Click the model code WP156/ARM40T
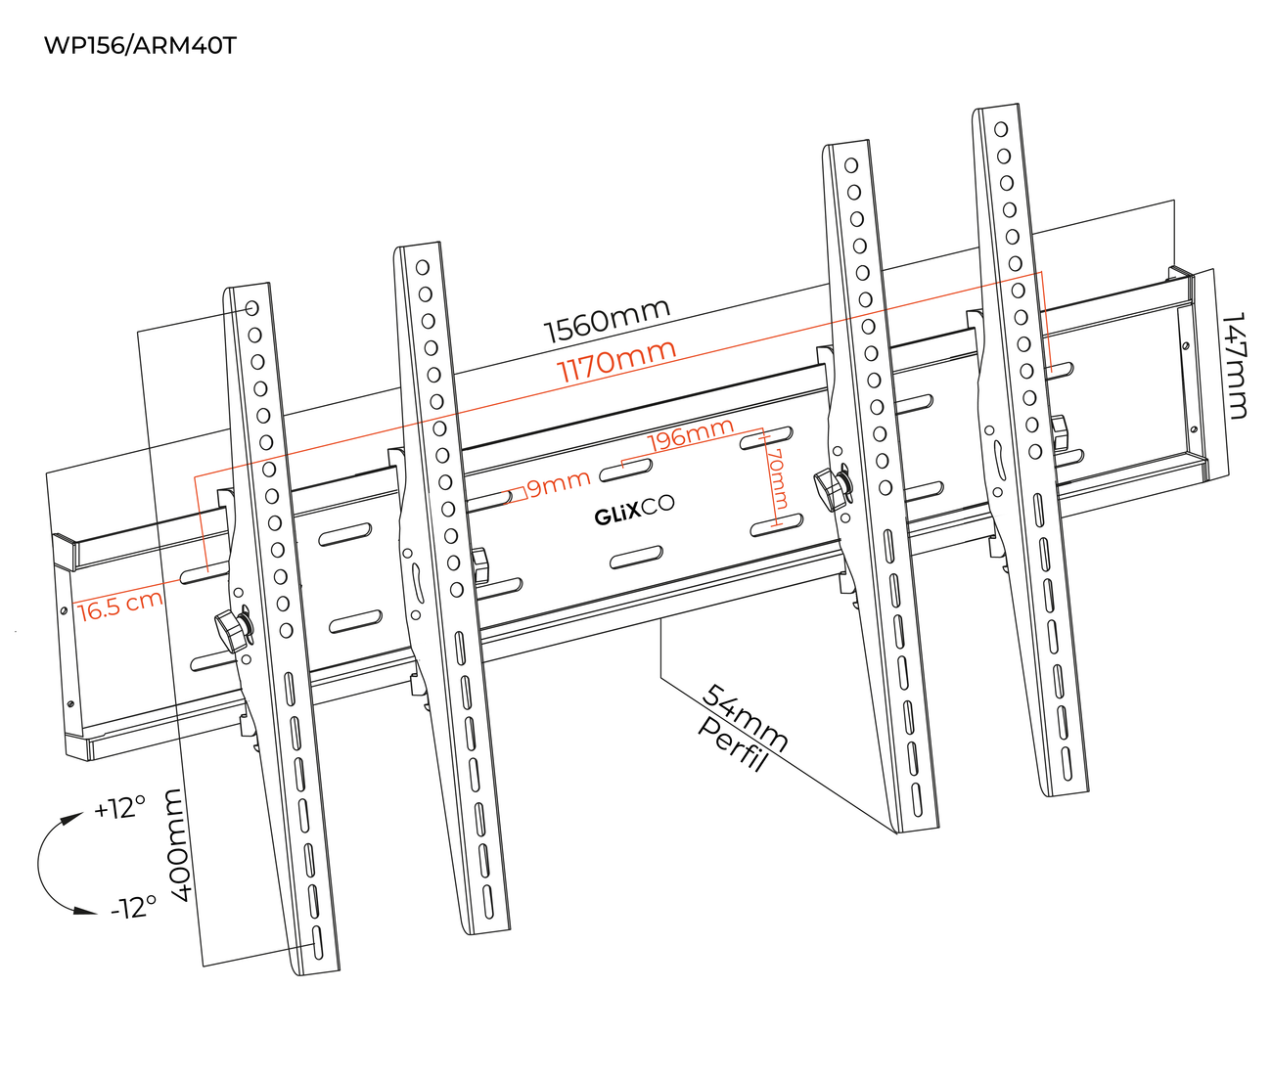pos(140,46)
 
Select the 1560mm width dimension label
pos(607,321)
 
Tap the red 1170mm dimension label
pos(616,362)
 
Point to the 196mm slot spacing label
pos(691,434)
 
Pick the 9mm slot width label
pos(559,482)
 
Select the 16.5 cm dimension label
pos(119,605)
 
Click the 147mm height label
pos(1236,365)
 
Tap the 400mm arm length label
pos(180,845)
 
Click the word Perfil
pos(730,743)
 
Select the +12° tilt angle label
pos(119,809)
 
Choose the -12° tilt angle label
pos(133,907)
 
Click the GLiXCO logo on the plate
pos(634,511)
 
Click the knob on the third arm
pos(833,486)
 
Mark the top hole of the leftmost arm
pos(251,308)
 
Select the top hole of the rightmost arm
pos(1000,129)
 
